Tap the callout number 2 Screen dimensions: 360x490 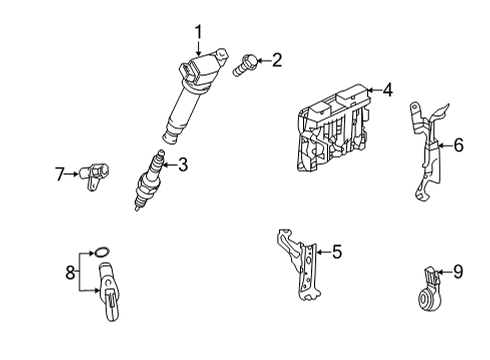pos(276,60)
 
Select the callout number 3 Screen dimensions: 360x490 pos(182,166)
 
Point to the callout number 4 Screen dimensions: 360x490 pos(387,90)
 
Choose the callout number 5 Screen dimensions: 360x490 pos(337,252)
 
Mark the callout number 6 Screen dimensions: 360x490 pos(458,145)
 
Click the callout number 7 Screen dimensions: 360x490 pos(59,174)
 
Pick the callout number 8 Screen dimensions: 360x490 pos(69,272)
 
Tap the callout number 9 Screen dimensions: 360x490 pos(458,269)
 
